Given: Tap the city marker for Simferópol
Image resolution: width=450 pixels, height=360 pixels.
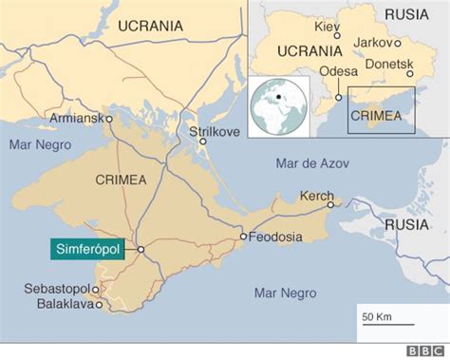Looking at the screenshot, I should point(141,249).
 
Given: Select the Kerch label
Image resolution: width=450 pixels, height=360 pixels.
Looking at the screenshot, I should point(315,195).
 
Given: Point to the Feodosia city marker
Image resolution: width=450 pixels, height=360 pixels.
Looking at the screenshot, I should point(243,236).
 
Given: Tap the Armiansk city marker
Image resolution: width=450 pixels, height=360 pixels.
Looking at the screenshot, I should point(109,119).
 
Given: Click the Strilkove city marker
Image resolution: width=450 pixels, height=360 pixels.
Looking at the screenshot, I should point(202,142).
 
